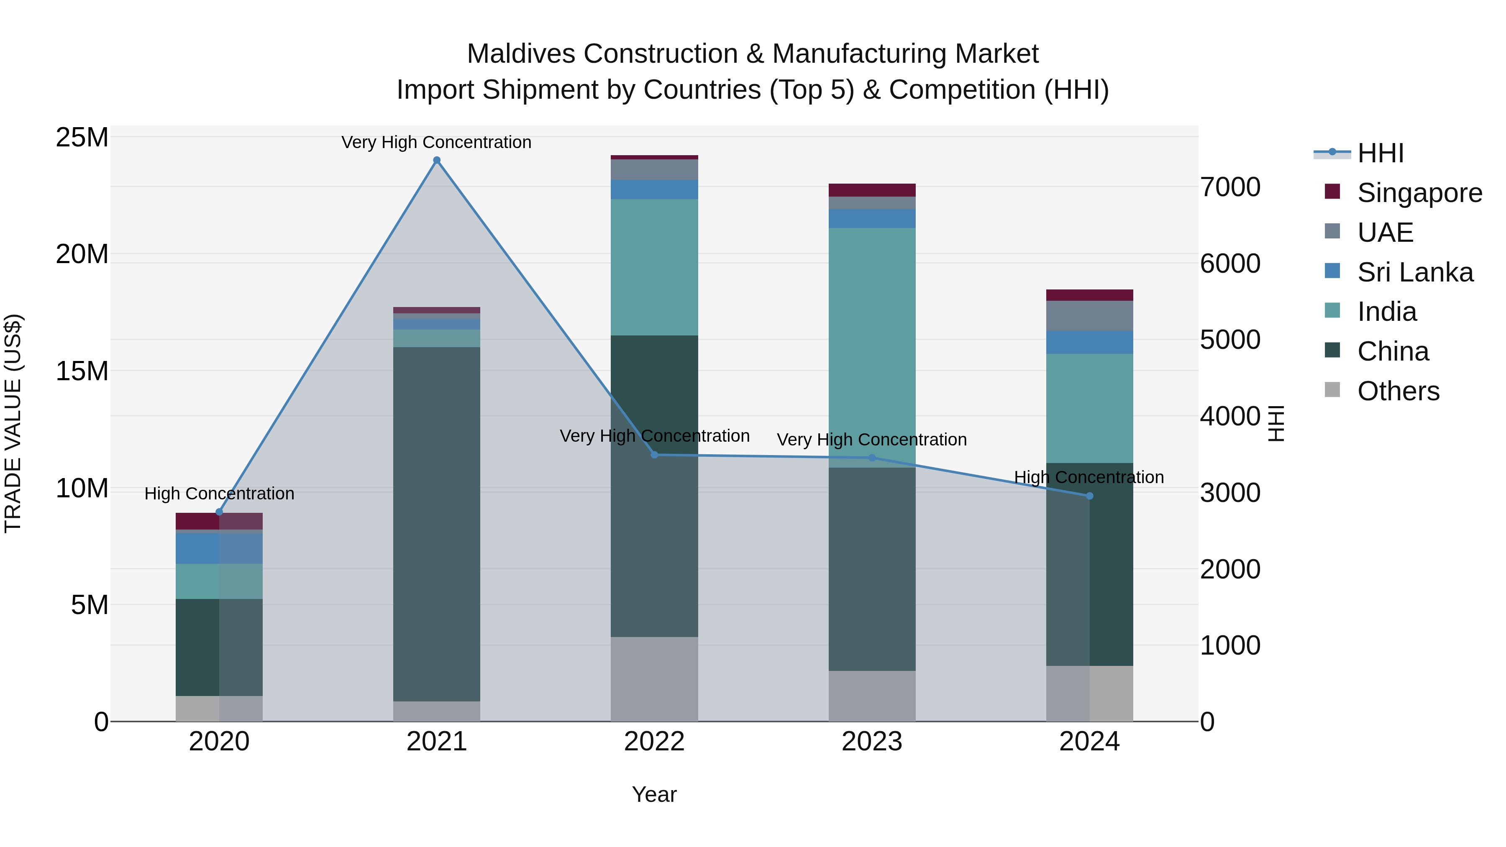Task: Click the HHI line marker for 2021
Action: [x=436, y=160]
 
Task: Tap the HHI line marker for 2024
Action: [x=1089, y=496]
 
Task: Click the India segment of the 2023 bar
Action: [x=872, y=345]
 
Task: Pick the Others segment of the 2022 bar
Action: [x=654, y=678]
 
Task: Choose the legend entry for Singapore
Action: [x=1419, y=193]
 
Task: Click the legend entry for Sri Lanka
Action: [x=1415, y=272]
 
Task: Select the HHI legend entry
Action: [x=1380, y=153]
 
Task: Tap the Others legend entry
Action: [x=1397, y=391]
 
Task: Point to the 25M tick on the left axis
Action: [x=82, y=138]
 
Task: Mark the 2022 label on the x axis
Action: [x=654, y=742]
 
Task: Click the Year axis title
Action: [x=654, y=794]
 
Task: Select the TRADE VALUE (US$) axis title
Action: [x=13, y=423]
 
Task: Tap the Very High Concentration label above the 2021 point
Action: [x=436, y=142]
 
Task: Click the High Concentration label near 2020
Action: [x=219, y=494]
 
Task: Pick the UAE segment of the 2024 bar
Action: [x=1089, y=316]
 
